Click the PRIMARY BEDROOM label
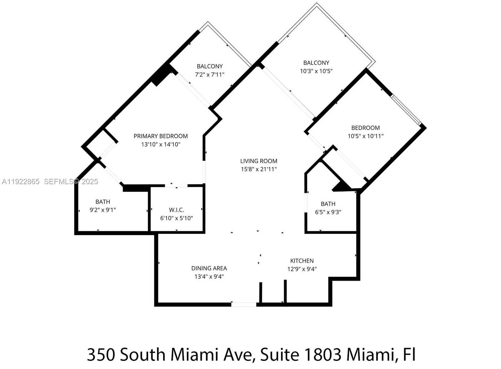(x=161, y=136)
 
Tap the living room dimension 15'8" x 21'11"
(x=259, y=169)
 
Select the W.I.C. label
(x=177, y=210)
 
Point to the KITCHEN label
(x=302, y=261)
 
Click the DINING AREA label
(x=209, y=268)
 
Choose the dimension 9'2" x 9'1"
(x=103, y=210)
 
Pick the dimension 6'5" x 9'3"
(x=328, y=212)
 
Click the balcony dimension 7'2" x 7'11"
(x=209, y=75)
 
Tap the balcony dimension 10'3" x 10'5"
(x=316, y=71)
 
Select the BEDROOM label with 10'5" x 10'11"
(x=365, y=128)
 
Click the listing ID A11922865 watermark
(x=21, y=182)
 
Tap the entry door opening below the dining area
(x=244, y=304)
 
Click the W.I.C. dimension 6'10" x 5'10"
(x=177, y=218)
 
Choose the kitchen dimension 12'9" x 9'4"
(x=302, y=269)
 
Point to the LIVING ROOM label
(x=259, y=161)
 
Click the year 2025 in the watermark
(x=90, y=182)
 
